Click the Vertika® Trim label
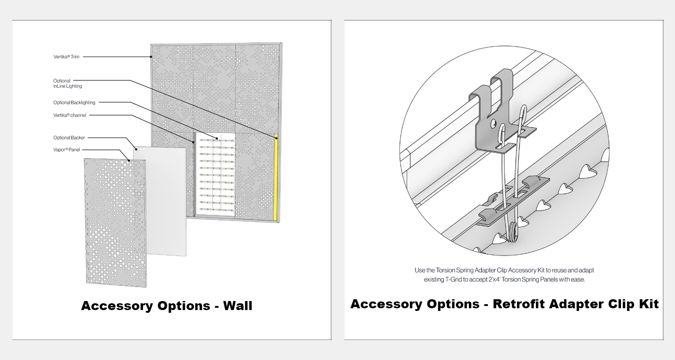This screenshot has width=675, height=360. click(66, 57)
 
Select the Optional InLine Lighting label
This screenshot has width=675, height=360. click(67, 83)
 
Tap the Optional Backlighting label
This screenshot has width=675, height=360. click(74, 103)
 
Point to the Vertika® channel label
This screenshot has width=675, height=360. click(70, 115)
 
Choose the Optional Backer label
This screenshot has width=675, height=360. click(69, 138)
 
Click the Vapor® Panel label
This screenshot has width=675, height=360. click(66, 150)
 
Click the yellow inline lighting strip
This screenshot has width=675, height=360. click(276, 178)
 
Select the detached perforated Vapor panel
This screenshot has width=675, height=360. click(115, 223)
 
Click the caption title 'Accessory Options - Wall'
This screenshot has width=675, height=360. click(166, 306)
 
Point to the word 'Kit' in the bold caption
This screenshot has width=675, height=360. click(649, 304)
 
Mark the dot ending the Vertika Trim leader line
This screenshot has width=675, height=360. click(151, 57)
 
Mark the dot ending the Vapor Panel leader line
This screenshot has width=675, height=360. click(129, 161)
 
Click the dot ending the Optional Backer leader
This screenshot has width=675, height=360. click(136, 149)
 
